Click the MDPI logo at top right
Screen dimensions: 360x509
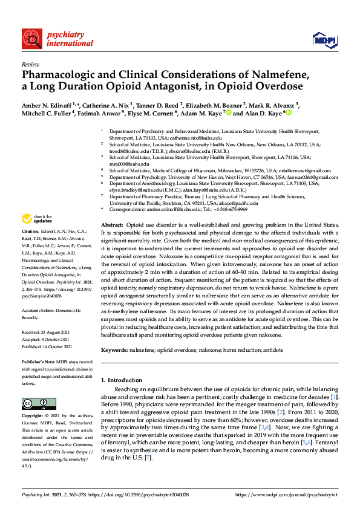[324, 40]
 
